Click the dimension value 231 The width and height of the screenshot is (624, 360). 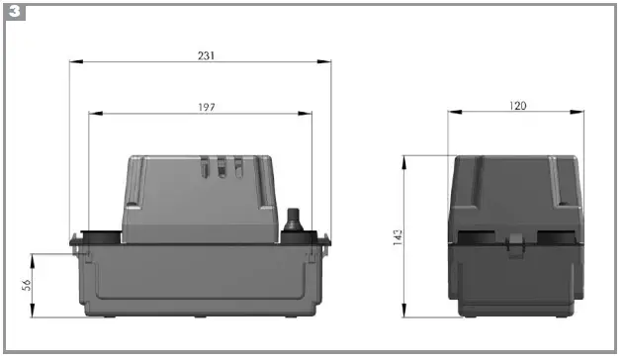pyautogui.click(x=206, y=55)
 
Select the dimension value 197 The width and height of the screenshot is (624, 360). pyautogui.click(x=207, y=108)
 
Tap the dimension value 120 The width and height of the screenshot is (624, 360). pyautogui.click(x=517, y=106)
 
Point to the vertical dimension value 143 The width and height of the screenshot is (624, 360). pyautogui.click(x=398, y=237)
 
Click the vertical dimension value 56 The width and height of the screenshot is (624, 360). pyautogui.click(x=27, y=285)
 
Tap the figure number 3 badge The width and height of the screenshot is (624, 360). pyautogui.click(x=15, y=12)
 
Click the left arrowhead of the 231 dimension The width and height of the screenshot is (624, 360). pyautogui.click(x=76, y=61)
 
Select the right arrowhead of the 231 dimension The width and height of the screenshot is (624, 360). pyautogui.click(x=324, y=61)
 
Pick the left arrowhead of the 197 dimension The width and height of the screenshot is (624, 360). pyautogui.click(x=96, y=114)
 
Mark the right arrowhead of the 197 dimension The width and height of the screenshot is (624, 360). pyautogui.click(x=305, y=114)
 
